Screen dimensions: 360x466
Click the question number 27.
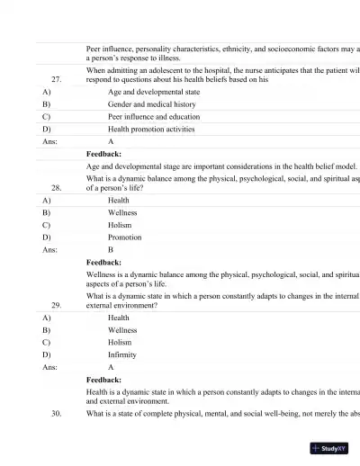click(x=56, y=78)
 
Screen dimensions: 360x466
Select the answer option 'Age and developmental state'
click(x=148, y=92)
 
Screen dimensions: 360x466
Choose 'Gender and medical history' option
click(x=146, y=104)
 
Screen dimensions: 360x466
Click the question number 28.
click(x=56, y=188)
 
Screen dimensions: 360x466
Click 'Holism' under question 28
click(x=120, y=225)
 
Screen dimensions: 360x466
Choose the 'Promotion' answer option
click(x=125, y=237)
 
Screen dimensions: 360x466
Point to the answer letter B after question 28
click(x=111, y=250)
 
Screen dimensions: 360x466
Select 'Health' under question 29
click(x=119, y=318)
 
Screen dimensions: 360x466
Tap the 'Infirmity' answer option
click(x=123, y=354)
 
